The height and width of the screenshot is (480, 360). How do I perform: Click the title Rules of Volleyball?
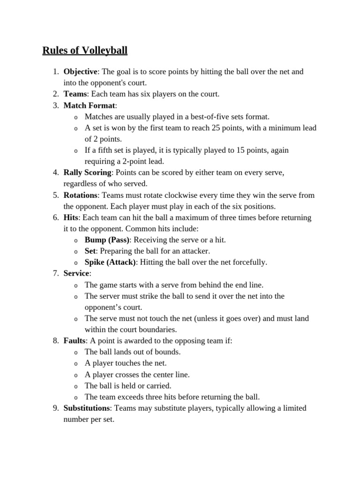85,50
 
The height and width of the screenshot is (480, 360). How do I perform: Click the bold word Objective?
80,72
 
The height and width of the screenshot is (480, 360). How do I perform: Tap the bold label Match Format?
89,105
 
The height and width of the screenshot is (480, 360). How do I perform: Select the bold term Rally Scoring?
87,173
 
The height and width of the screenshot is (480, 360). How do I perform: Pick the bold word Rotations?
81,195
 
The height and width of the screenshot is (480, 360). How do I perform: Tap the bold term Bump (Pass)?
107,240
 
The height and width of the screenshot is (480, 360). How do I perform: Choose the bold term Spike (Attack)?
110,262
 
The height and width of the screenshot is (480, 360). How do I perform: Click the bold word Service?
76,274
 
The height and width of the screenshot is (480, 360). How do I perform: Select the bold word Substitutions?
87,408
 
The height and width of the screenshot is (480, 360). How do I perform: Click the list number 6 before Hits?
55,218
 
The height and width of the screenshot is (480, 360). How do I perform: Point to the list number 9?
55,408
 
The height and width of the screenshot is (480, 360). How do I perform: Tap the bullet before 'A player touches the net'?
76,364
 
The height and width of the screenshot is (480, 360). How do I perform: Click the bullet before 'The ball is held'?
76,386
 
